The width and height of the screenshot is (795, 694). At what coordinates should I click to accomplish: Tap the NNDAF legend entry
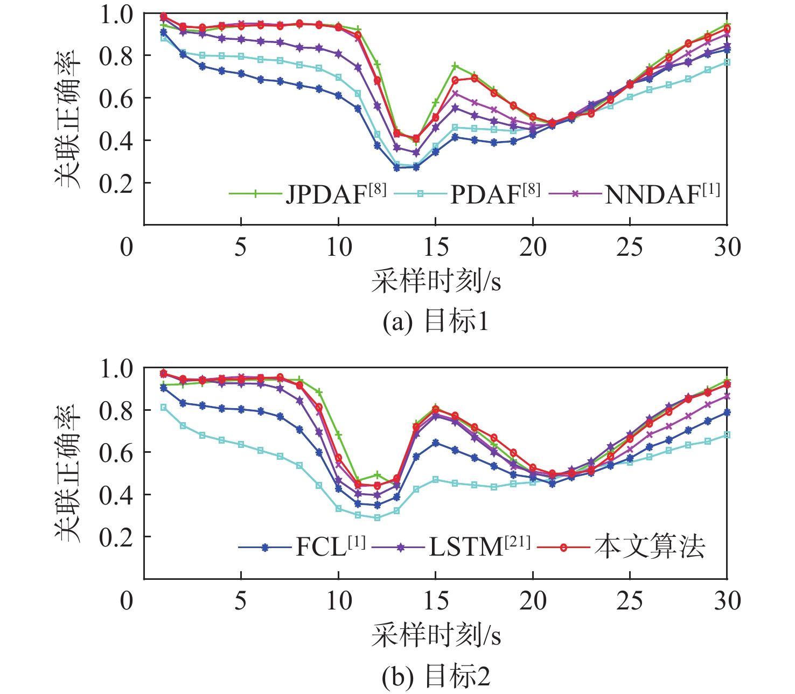pos(661,194)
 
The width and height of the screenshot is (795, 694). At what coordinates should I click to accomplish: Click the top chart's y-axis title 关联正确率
pos(68,118)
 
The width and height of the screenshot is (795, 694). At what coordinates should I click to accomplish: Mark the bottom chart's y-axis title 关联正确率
pos(68,473)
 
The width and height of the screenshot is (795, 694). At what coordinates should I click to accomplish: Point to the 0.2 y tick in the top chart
pos(116,183)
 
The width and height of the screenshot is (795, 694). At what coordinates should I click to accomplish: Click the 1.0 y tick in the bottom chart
pos(116,369)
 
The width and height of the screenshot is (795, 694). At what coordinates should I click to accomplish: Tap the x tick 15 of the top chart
pos(435,247)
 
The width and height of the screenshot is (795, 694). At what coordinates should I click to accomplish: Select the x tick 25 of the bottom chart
pos(630,601)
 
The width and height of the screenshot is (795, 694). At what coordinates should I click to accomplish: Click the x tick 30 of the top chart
pos(727,247)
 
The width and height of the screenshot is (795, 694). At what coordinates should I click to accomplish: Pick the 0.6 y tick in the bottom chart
pos(116,453)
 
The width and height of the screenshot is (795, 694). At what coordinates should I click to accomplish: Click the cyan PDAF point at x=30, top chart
pos(727,62)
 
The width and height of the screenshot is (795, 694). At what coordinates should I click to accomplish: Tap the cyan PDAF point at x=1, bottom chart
pos(164,408)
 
